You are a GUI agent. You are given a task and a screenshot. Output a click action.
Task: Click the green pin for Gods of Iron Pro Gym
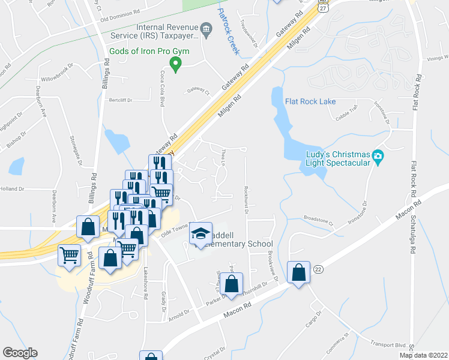[175, 64]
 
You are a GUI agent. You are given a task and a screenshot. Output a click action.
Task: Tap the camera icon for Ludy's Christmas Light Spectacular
[378, 157]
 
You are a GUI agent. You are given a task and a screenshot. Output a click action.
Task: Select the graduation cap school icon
[200, 234]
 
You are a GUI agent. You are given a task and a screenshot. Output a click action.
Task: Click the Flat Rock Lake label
[310, 101]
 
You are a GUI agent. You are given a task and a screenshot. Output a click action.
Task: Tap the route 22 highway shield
[318, 270]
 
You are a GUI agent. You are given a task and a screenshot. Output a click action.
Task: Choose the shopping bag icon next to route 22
[298, 272]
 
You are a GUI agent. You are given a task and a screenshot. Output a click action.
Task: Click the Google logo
[20, 353]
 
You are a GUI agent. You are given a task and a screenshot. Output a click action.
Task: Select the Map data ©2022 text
[423, 355]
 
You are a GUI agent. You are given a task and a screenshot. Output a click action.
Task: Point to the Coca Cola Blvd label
[162, 88]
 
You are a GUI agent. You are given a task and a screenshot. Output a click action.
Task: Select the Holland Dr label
[11, 188]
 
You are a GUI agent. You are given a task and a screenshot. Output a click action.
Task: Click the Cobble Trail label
[346, 112]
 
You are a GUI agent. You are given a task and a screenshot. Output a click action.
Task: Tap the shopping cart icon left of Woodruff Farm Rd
[69, 255]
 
